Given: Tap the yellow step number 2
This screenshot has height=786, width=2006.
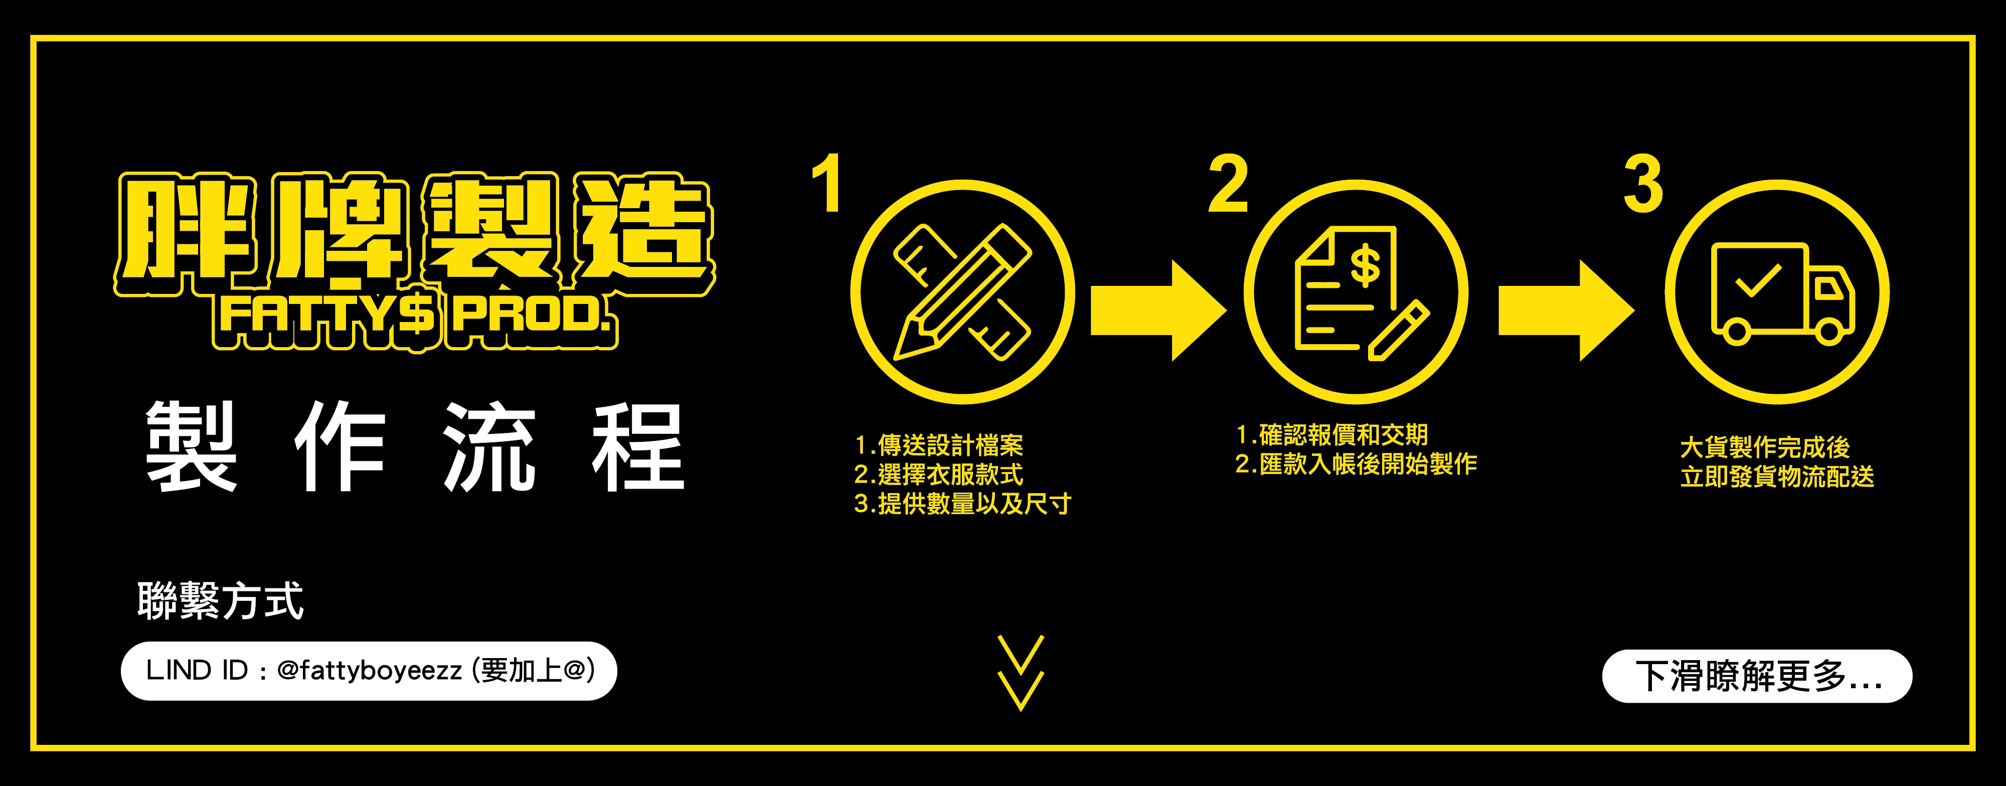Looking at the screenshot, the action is point(1228,184).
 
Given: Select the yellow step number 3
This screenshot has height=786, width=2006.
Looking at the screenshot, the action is point(1643,184).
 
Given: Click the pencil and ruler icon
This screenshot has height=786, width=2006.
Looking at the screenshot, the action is point(962,292).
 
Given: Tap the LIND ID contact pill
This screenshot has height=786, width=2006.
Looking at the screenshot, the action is point(368,671).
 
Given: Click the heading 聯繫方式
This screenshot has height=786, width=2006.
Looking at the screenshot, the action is point(220,600).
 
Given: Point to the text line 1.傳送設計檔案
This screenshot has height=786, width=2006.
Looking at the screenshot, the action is point(938,445).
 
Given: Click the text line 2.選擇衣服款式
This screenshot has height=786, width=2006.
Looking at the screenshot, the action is point(938,475).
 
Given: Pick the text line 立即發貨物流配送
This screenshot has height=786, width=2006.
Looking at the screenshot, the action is point(1777,477).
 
